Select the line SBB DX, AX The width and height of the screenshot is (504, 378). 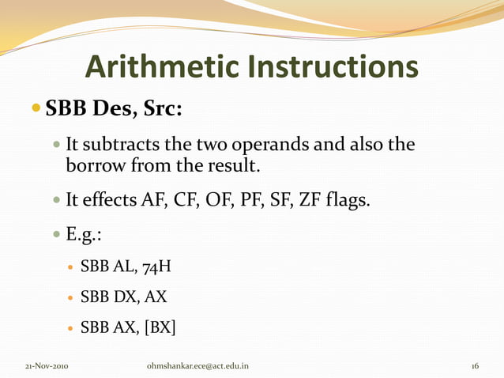[122, 297]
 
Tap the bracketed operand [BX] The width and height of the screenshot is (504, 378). [160, 327]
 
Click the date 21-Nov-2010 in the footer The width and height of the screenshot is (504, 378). [47, 367]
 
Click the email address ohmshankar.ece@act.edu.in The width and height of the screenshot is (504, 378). [197, 367]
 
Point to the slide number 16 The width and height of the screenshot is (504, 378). [475, 367]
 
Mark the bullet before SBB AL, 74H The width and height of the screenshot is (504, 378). [68, 267]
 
